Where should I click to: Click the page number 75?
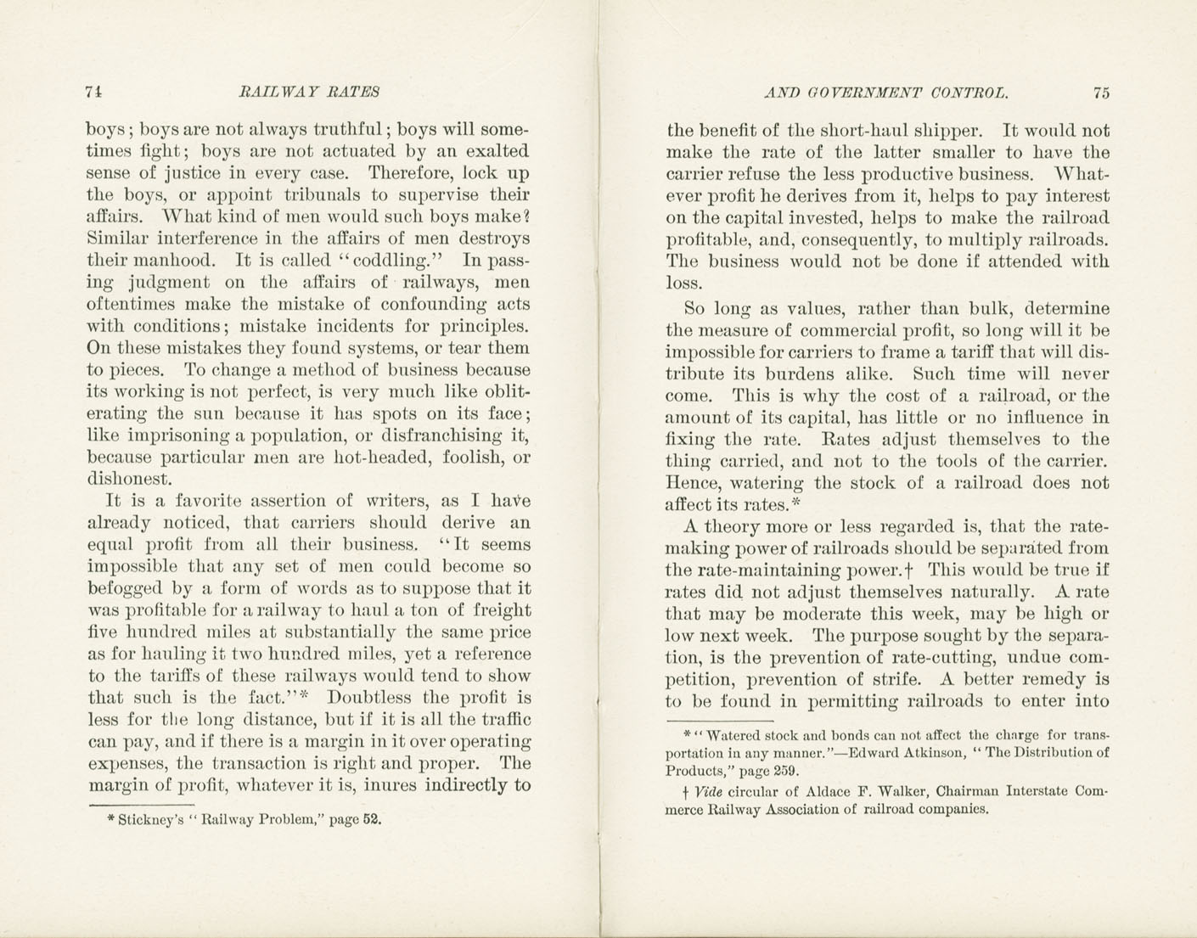pos(1101,93)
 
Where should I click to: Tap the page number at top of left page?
pos(94,92)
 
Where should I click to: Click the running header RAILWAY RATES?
pos(309,92)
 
